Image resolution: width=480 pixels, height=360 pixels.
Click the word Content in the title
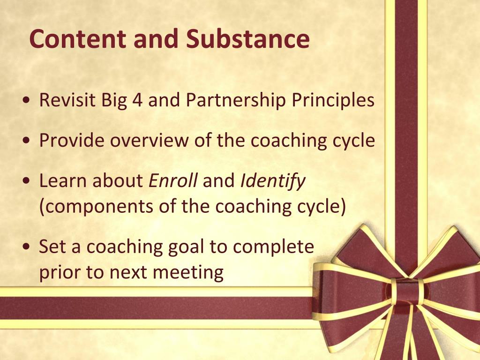pos(77,39)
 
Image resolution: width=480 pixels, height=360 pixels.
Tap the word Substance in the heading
pos(248,39)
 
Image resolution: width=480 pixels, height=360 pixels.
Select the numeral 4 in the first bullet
pos(137,100)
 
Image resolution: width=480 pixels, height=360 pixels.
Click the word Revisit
pos(67,100)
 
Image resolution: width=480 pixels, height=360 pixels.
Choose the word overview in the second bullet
pos(153,141)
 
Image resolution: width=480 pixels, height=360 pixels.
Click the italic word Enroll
pos(173,180)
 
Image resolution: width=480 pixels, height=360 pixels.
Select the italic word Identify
pos(273,181)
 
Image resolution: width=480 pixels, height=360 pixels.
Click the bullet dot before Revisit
pos(28,100)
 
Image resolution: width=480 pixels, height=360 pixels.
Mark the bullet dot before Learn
pos(28,180)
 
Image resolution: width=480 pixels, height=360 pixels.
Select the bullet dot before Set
pos(28,247)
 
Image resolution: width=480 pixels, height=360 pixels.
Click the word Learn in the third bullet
pos(65,180)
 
